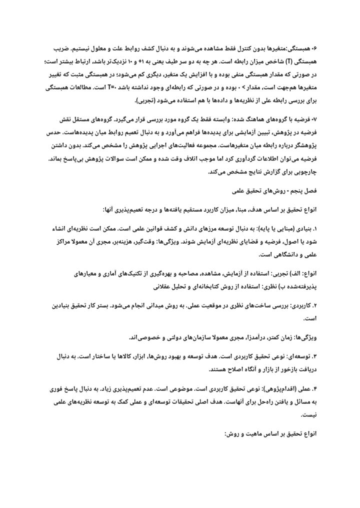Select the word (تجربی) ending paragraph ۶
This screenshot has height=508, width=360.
145,100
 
